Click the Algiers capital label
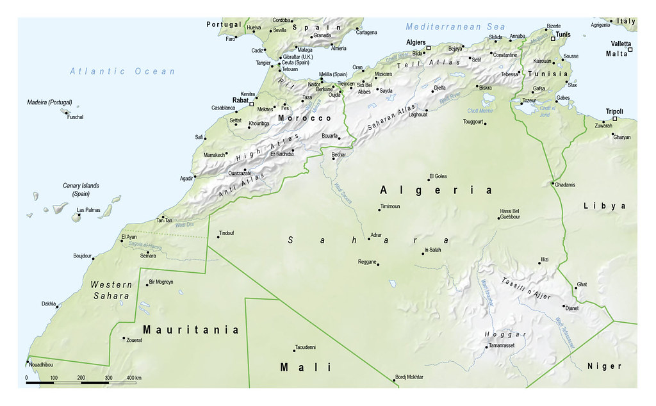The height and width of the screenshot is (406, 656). (416, 42)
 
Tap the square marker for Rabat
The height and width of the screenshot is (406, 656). (252, 103)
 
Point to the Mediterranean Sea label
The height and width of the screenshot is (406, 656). (455, 27)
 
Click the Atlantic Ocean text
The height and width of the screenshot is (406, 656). (122, 71)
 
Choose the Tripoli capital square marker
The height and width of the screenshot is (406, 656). (614, 119)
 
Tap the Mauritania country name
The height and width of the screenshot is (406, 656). (191, 330)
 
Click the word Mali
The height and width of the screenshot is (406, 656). (306, 367)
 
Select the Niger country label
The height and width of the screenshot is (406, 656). (604, 366)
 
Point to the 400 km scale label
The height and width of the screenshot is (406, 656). (134, 378)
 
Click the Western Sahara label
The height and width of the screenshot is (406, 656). (111, 290)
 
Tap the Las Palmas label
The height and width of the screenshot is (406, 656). (88, 210)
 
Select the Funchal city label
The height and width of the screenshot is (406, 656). (75, 117)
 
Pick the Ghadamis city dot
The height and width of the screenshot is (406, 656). (552, 184)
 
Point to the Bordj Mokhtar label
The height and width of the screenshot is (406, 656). (409, 377)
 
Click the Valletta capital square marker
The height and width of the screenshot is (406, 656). (630, 50)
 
